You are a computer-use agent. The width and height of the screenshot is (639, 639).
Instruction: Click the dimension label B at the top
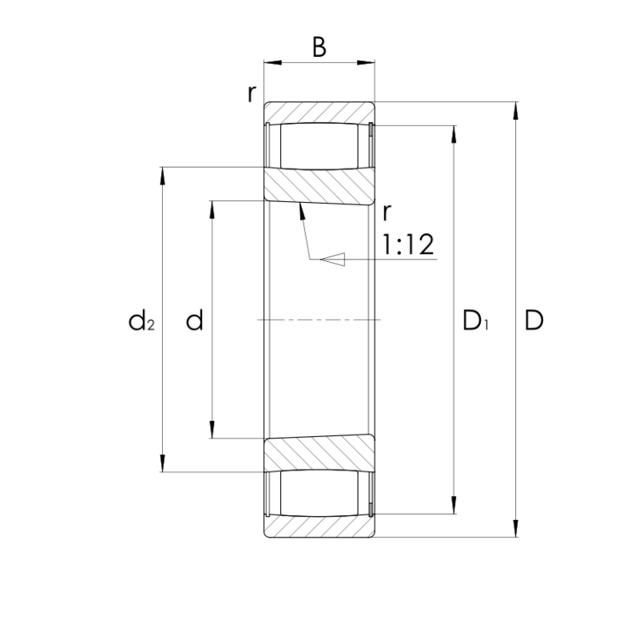pos(319,47)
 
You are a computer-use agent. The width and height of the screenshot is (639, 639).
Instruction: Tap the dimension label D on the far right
pos(534,320)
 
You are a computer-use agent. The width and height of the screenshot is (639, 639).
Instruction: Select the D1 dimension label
pos(475,320)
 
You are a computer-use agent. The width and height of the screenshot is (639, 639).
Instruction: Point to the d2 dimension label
pos(141,320)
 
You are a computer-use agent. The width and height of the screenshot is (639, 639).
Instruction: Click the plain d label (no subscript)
pos(194,320)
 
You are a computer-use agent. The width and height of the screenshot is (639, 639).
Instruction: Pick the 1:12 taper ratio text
pos(408,244)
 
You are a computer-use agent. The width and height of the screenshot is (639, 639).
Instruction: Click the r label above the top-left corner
pos(252,94)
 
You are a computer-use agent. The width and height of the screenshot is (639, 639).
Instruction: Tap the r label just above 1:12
pos(387,212)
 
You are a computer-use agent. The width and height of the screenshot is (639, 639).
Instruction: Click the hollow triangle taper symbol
pos(332,259)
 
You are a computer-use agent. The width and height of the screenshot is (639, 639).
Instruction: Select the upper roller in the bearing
pos(319,146)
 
